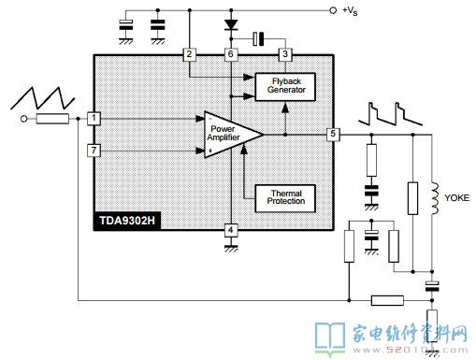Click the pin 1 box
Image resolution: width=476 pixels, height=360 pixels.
[94, 119]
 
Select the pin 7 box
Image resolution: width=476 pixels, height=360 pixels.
[94, 150]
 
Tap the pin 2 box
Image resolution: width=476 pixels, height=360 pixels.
[190, 54]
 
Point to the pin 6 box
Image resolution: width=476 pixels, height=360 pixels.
[230, 54]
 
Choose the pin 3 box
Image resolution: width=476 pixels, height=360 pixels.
[285, 54]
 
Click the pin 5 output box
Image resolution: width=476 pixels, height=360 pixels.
[332, 135]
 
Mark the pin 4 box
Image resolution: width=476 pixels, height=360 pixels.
[230, 229]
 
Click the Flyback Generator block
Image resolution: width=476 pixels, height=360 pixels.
[285, 87]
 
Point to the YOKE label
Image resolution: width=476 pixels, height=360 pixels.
[455, 198]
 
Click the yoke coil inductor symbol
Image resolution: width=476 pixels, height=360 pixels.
[433, 196]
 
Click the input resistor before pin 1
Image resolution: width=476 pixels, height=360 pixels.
[51, 119]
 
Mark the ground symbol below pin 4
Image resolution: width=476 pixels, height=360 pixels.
[230, 248]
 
